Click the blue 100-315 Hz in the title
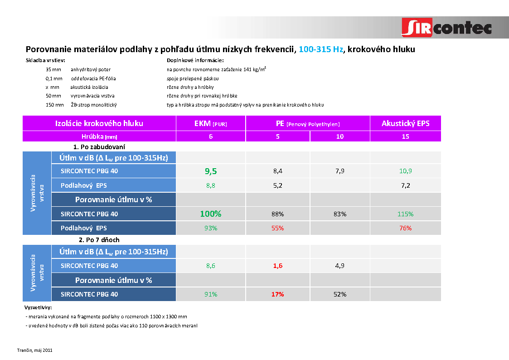pyautogui.click(x=321, y=49)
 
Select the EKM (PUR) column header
pyautogui.click(x=211, y=123)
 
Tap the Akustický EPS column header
pyautogui.click(x=405, y=123)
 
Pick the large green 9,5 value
pyautogui.click(x=211, y=171)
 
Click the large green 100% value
pyautogui.click(x=211, y=214)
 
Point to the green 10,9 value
pyautogui.click(x=405, y=171)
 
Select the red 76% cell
pyautogui.click(x=405, y=228)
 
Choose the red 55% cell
pyautogui.click(x=277, y=228)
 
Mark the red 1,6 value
pyautogui.click(x=277, y=266)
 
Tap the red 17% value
pyautogui.click(x=277, y=294)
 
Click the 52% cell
pyautogui.click(x=340, y=294)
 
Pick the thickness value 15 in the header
pyautogui.click(x=405, y=136)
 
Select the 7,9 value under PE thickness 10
pyautogui.click(x=340, y=171)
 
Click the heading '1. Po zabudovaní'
pyautogui.click(x=99, y=147)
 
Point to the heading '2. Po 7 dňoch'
pyautogui.click(x=99, y=239)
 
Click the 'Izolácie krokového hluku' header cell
pyautogui.click(x=99, y=123)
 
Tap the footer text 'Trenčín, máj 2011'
pyautogui.click(x=35, y=350)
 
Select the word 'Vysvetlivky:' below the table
pyautogui.click(x=39, y=308)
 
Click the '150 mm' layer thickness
pyautogui.click(x=55, y=105)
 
